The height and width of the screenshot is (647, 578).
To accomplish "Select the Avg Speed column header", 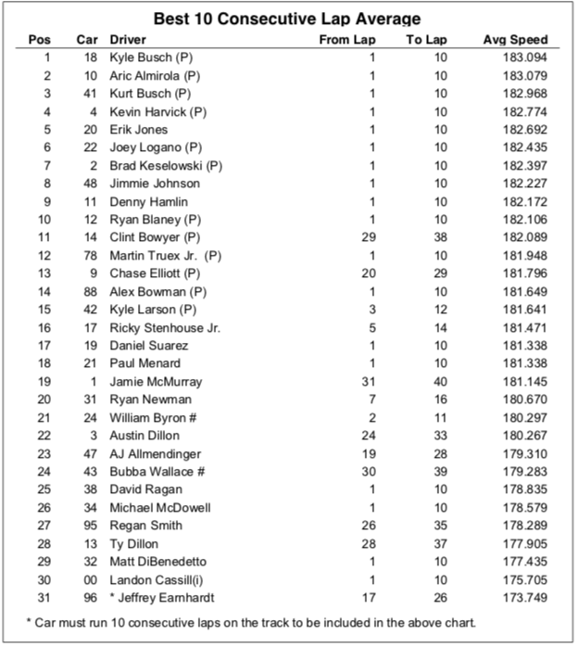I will [515, 40].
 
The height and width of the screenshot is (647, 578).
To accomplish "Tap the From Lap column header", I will [347, 40].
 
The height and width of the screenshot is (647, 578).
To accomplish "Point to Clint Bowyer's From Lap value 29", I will [370, 237].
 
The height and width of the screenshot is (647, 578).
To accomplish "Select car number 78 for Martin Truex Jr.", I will [89, 255].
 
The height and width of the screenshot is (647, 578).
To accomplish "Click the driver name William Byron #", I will [153, 417].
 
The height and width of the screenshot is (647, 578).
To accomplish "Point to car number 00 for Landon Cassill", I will [89, 579].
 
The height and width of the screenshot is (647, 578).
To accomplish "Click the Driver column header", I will [128, 40].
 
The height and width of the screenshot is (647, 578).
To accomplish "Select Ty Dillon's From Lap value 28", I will [370, 543].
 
